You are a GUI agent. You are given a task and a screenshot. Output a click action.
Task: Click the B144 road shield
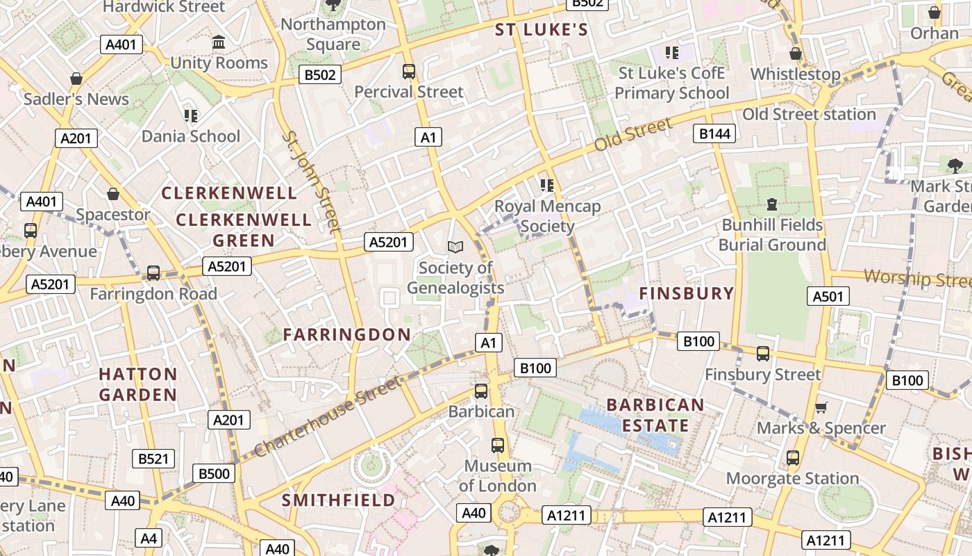click(714, 133)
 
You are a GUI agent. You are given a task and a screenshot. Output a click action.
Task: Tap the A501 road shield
click(829, 297)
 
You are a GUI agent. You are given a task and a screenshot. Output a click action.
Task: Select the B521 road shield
click(153, 459)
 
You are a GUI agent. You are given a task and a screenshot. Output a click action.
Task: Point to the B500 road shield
click(214, 474)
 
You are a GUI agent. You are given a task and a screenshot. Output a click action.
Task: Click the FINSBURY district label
click(686, 293)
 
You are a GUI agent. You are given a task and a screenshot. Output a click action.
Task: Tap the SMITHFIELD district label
click(338, 500)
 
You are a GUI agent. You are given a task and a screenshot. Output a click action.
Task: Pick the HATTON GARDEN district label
click(137, 384)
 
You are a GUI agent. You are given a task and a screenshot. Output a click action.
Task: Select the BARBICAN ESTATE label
click(655, 415)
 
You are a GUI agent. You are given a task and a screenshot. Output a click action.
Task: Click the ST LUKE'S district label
click(541, 30)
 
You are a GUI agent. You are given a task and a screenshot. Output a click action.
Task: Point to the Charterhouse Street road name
click(328, 416)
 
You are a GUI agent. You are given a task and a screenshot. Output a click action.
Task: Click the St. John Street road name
click(310, 181)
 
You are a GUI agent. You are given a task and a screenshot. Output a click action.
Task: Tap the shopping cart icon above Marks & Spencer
click(821, 408)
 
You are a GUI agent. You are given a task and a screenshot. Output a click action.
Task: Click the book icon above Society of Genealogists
click(455, 247)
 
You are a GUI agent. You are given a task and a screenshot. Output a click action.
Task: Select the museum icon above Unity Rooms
click(219, 42)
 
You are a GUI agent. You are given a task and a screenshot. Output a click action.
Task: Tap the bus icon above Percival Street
click(409, 71)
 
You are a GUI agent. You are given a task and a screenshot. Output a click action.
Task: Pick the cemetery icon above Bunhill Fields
click(772, 204)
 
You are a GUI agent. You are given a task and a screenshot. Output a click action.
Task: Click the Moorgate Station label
click(792, 478)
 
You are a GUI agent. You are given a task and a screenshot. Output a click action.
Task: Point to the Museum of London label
click(497, 475)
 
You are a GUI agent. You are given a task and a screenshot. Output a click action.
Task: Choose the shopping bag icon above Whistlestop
click(796, 54)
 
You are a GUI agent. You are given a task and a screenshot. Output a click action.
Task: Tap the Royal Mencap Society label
click(547, 216)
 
